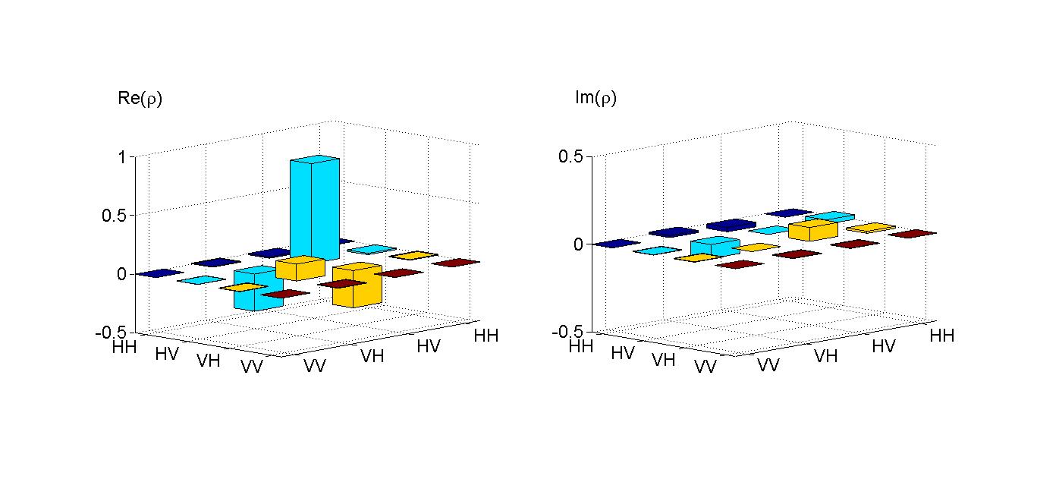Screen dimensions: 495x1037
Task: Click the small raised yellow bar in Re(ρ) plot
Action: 300,267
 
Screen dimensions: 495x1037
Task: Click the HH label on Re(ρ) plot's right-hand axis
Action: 486,336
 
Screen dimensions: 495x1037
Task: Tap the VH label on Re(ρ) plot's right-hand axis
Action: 372,355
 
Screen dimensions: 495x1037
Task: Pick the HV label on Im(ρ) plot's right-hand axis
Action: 884,346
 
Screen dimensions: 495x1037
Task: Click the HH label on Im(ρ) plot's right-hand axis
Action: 941,336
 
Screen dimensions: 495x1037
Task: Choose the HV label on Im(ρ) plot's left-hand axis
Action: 622,353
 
